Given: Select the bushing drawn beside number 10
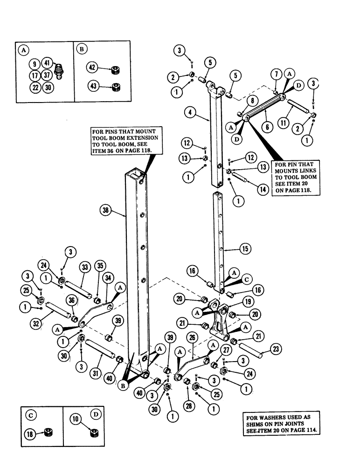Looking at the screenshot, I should (92, 433).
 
